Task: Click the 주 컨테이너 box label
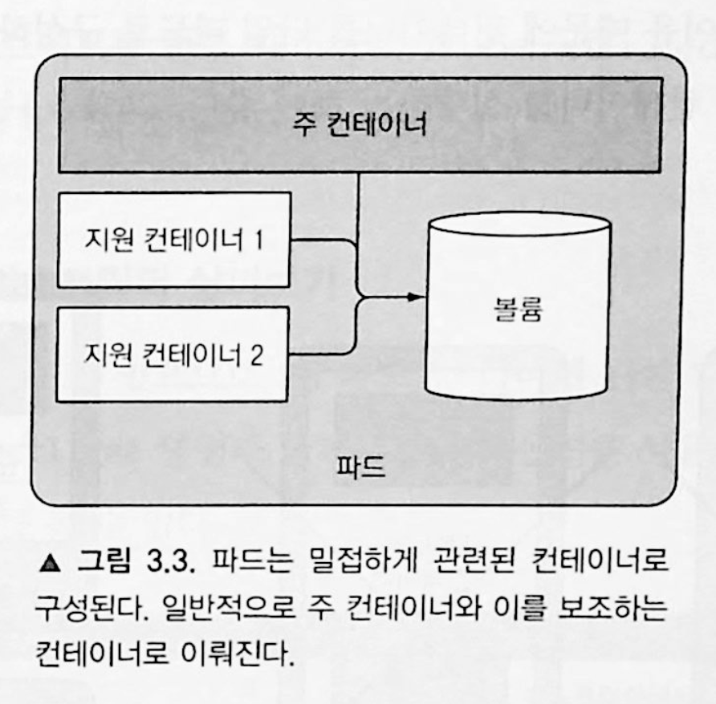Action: (x=359, y=125)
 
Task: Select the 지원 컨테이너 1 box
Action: (x=173, y=239)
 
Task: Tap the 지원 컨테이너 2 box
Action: (x=173, y=354)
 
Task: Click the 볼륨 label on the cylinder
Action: (x=518, y=309)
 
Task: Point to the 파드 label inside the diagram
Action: (x=359, y=467)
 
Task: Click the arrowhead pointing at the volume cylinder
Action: (x=414, y=297)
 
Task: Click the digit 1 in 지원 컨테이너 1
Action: (x=257, y=239)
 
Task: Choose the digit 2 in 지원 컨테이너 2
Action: (x=256, y=354)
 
